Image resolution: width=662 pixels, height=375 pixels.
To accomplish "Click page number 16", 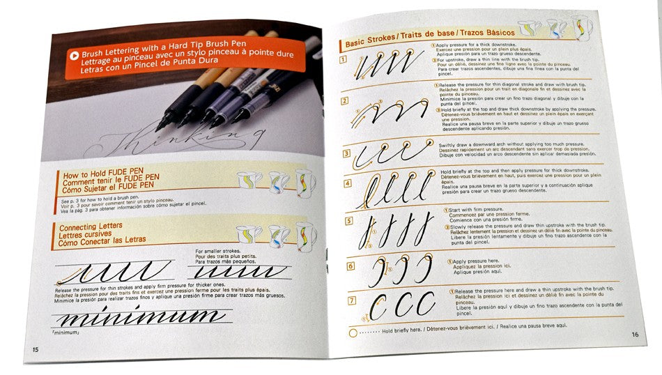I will point(635,334).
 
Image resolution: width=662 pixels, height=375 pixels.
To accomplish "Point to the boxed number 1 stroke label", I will point(344,60).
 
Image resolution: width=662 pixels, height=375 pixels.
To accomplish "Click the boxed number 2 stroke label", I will point(344,100).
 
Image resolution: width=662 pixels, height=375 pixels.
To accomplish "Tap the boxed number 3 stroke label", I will point(346,153).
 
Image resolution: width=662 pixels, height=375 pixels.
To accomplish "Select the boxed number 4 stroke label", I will point(347,183).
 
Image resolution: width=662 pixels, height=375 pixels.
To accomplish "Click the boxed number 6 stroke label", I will point(350,266).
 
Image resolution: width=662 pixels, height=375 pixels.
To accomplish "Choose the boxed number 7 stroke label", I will point(352,300).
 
